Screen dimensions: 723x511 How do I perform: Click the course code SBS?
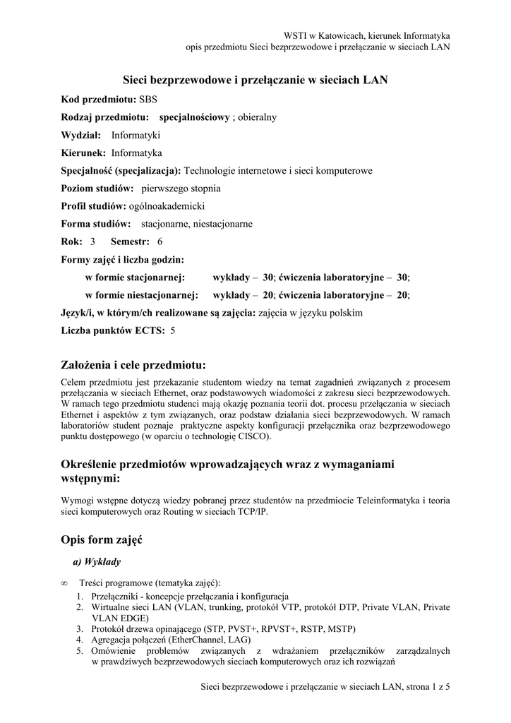pyautogui.click(x=148, y=100)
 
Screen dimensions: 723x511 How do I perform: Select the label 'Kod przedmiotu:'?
pyautogui.click(x=99, y=100)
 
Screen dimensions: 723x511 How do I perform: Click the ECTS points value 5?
pyautogui.click(x=173, y=330)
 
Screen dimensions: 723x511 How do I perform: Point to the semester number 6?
pyautogui.click(x=160, y=241)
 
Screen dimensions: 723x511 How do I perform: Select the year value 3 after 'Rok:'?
pyautogui.click(x=92, y=241)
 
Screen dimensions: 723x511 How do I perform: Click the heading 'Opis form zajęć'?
pyautogui.click(x=102, y=540)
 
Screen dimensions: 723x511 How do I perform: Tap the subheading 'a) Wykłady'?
pyautogui.click(x=97, y=562)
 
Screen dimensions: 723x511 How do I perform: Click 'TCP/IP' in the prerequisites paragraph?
pyautogui.click(x=253, y=512)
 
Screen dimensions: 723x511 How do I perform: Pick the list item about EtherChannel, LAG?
pyautogui.click(x=170, y=640)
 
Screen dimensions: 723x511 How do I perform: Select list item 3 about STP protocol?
pyautogui.click(x=223, y=628)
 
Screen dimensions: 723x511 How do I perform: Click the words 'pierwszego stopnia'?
pyautogui.click(x=181, y=189)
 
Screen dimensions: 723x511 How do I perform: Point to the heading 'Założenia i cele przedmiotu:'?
pyautogui.click(x=133, y=365)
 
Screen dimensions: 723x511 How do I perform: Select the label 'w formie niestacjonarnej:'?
pyautogui.click(x=142, y=294)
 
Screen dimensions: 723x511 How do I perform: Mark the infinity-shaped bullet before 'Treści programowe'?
pyautogui.click(x=65, y=583)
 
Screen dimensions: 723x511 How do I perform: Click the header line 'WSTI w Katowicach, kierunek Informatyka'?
pyautogui.click(x=366, y=35)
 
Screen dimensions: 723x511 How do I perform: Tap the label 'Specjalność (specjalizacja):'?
pyautogui.click(x=121, y=171)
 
